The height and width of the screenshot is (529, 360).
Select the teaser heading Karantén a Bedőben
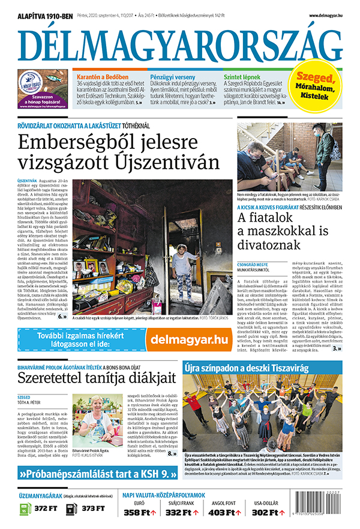[101, 77]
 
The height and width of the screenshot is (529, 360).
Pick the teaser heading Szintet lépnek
[241, 77]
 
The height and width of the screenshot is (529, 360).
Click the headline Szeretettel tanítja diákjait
[97, 378]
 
